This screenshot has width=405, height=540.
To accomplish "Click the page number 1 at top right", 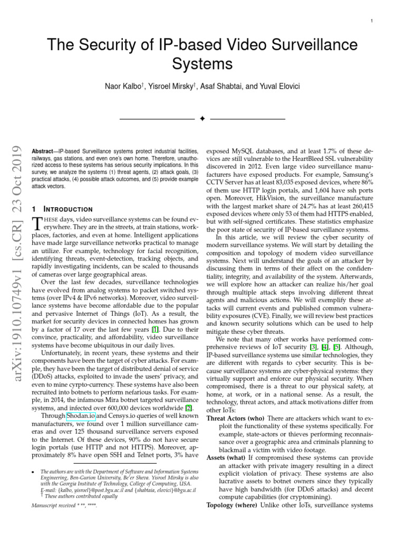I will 373,21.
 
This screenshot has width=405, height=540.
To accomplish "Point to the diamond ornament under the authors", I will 202,119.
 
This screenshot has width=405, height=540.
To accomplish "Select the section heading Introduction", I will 71,209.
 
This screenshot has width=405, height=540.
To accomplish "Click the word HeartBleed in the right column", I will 305,158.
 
